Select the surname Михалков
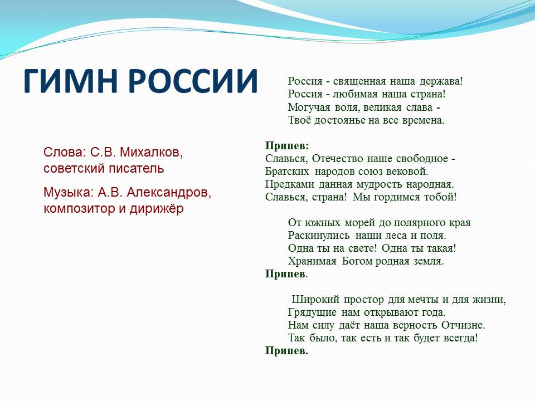point(152,153)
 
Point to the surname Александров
point(169,193)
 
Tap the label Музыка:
point(69,193)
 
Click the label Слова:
point(65,152)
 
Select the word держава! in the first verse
point(441,82)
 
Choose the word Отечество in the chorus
point(337,159)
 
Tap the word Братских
point(287,171)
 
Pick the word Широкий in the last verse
point(315,300)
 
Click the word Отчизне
point(463,325)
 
